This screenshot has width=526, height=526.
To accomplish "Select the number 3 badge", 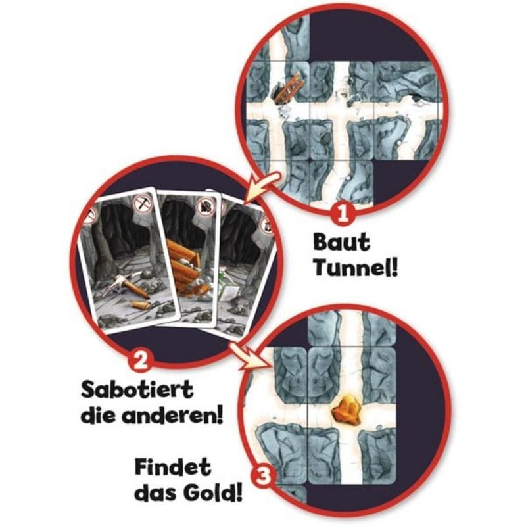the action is [x=264, y=475].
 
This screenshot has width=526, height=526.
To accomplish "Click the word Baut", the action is [x=341, y=242].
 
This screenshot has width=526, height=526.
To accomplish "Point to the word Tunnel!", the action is [x=356, y=268].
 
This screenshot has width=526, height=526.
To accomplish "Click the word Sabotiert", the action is [x=137, y=390].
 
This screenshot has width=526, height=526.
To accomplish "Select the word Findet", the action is [x=173, y=467].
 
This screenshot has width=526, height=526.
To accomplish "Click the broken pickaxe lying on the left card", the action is [x=127, y=286].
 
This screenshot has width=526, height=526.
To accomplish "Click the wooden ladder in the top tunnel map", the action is [x=289, y=89].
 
